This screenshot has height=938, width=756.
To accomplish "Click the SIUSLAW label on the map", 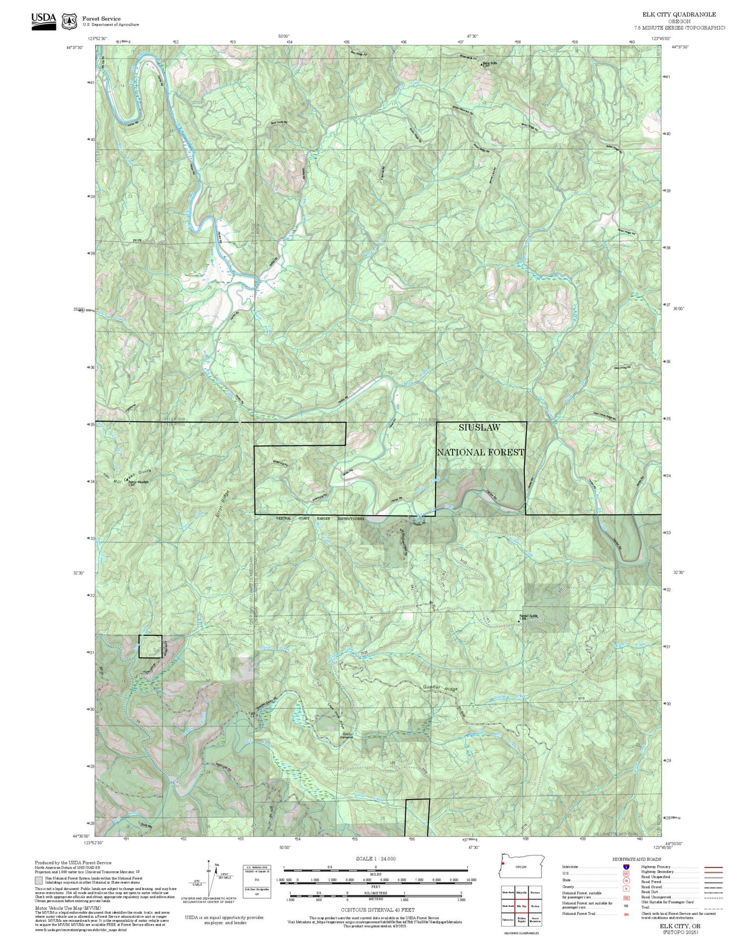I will [x=479, y=427].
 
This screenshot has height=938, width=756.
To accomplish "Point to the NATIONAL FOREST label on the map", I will [x=480, y=452].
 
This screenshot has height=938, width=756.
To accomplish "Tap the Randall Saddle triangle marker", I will [x=520, y=622].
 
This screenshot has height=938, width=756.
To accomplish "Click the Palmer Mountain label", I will [x=139, y=482].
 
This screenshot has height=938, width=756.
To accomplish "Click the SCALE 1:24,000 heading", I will [x=375, y=858].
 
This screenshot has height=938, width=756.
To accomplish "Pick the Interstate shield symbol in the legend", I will [x=625, y=866].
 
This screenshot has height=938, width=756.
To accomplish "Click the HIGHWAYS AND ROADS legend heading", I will [x=637, y=859].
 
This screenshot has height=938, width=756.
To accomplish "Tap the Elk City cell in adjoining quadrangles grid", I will [x=521, y=906].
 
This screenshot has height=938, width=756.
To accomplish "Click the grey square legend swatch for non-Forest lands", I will [x=39, y=880].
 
